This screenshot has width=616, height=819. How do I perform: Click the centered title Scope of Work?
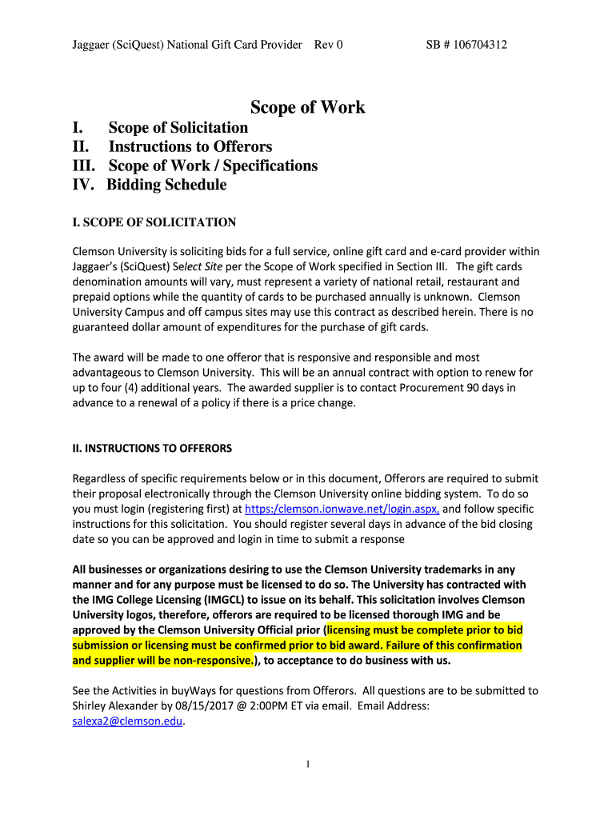[x=308, y=107]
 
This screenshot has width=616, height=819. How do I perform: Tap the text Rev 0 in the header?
[x=329, y=45]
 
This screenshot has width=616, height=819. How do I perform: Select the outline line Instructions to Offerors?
[x=190, y=146]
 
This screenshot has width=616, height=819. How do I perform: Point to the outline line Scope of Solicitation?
[x=178, y=127]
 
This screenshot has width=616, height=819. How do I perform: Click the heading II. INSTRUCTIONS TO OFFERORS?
[x=152, y=448]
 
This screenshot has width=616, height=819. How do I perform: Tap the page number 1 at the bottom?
[x=308, y=765]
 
